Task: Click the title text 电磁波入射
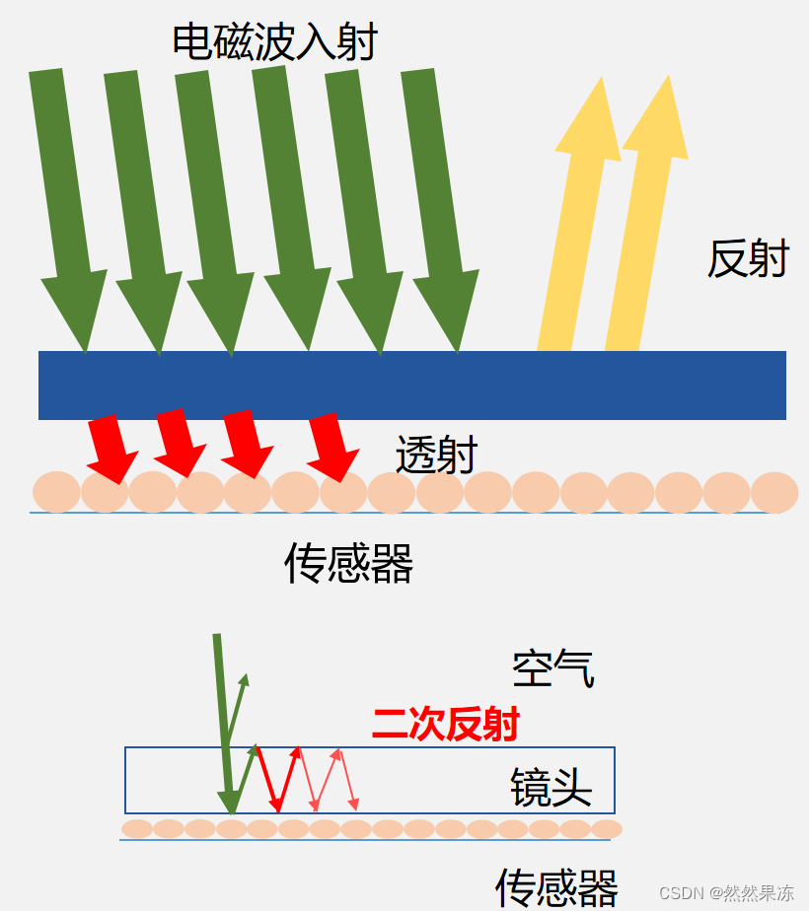tap(274, 41)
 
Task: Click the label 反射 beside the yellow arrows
tap(748, 258)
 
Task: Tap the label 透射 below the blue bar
tap(436, 455)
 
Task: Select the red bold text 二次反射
tap(446, 725)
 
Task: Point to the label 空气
tap(552, 669)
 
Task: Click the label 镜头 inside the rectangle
tap(551, 788)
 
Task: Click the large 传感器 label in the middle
tap(348, 564)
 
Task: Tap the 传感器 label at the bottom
tap(556, 886)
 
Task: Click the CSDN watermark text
tap(726, 893)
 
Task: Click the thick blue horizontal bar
tap(412, 385)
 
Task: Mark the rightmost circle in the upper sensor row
tap(774, 492)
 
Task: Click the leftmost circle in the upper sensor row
tap(56, 492)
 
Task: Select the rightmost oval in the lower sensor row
tap(607, 829)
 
